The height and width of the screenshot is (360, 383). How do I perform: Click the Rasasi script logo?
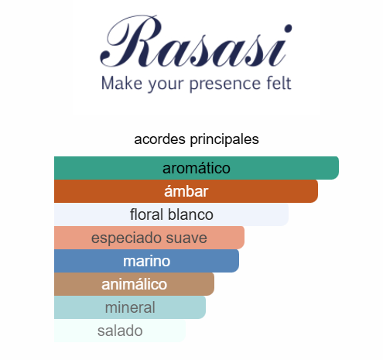(x=196, y=41)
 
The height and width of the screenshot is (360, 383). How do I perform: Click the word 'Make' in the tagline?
(x=121, y=83)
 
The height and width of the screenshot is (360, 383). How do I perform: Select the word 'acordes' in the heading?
(x=159, y=139)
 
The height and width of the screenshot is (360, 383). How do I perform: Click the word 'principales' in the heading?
(x=224, y=140)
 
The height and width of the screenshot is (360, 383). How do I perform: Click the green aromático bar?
(x=197, y=168)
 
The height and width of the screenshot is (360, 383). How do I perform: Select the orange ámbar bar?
(x=186, y=191)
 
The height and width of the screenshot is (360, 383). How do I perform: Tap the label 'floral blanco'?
(x=172, y=214)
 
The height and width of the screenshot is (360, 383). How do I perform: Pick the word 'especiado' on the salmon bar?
(x=126, y=238)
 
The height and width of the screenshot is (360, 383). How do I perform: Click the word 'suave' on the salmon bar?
(x=186, y=238)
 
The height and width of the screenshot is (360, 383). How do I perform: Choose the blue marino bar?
(x=146, y=261)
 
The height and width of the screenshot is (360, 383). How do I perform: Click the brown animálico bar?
(x=134, y=284)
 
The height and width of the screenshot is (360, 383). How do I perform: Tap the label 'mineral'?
(x=130, y=307)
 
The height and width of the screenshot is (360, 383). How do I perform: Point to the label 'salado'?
(x=120, y=331)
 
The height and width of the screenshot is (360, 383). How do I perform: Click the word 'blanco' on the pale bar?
(x=190, y=214)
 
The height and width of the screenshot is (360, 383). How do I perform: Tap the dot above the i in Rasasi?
(x=288, y=29)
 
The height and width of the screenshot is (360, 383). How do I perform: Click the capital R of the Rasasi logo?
(x=132, y=41)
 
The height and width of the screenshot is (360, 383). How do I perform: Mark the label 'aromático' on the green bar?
(x=197, y=168)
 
